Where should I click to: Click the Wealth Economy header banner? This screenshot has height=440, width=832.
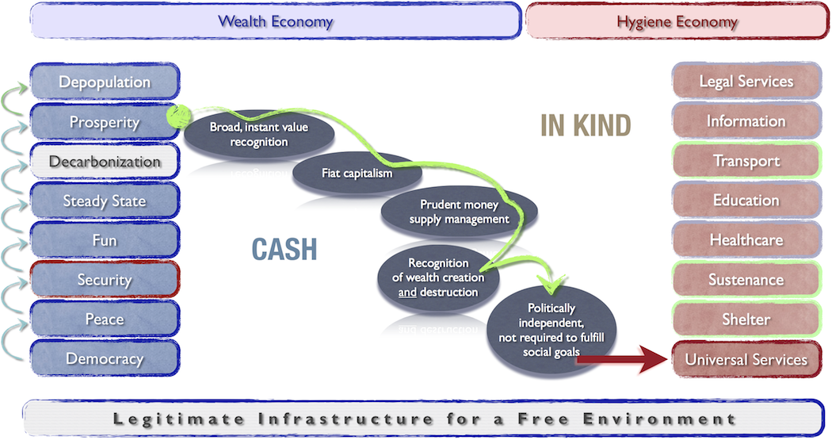[x=276, y=21]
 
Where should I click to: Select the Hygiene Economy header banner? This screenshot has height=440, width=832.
[x=677, y=21]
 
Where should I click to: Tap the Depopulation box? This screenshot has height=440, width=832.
[x=105, y=82]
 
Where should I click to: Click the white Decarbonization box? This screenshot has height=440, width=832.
[x=105, y=162]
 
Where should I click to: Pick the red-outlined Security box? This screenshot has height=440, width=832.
[x=105, y=280]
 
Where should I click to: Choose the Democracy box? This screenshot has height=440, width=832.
[x=105, y=358]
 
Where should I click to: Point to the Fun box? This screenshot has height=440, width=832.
[x=105, y=240]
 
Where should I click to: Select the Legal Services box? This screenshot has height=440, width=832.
[x=746, y=81]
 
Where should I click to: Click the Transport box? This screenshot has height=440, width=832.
[x=746, y=160]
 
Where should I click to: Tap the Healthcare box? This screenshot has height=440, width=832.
[x=746, y=240]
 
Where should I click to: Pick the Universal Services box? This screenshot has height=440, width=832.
[x=746, y=359]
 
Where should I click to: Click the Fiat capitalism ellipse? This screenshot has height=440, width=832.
[x=357, y=173]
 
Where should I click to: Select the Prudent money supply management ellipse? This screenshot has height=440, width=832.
[x=459, y=212]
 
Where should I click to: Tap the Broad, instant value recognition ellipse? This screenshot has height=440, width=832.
[x=259, y=134]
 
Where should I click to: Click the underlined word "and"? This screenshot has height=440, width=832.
[x=407, y=293]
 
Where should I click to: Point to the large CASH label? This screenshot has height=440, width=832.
[x=284, y=249]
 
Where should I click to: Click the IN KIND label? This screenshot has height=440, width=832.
[x=586, y=125]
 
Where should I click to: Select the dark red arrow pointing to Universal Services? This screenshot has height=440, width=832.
[x=622, y=359]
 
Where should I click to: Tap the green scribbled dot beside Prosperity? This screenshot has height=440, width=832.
[x=179, y=117]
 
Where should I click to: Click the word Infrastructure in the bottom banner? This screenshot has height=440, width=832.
[x=345, y=419]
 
